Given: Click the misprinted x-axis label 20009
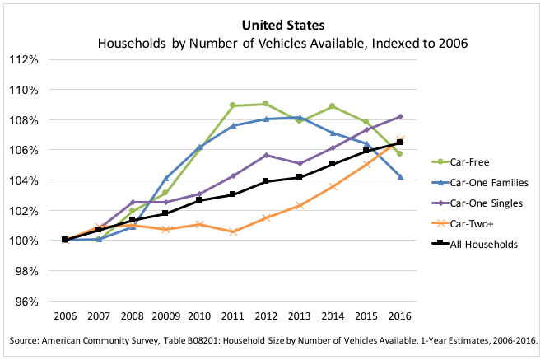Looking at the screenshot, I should [x=165, y=316].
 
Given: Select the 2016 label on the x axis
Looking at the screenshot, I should [x=400, y=316].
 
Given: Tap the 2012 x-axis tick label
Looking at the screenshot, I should [x=266, y=316].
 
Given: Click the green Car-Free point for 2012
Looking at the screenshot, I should [x=266, y=104].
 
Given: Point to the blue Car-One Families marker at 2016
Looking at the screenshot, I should [x=400, y=177].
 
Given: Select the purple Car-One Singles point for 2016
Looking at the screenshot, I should [x=400, y=116].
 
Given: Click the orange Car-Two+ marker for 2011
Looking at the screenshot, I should [x=233, y=231].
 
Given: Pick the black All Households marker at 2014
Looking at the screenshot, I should [x=333, y=164].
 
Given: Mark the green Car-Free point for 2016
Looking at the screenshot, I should [x=400, y=153].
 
